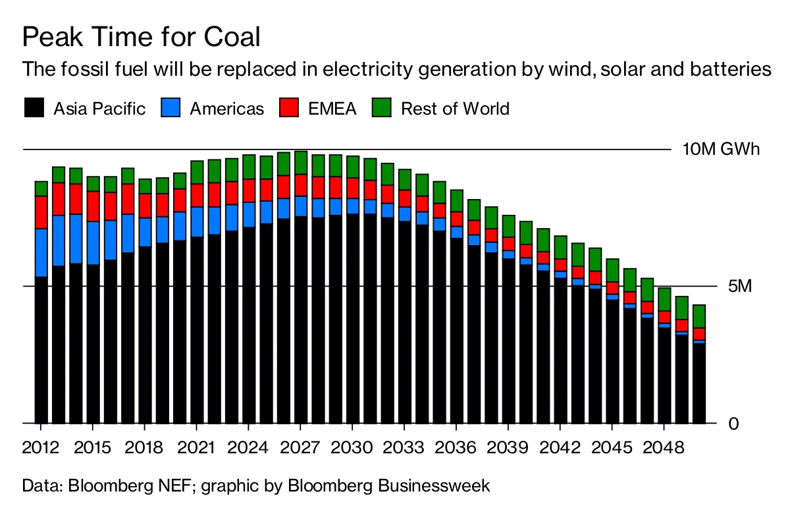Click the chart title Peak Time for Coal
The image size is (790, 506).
click(141, 37)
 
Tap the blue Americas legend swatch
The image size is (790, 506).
click(171, 108)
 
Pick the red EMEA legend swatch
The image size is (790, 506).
click(288, 108)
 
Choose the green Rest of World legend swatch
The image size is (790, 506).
click(382, 108)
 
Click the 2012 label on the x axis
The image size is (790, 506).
click(41, 448)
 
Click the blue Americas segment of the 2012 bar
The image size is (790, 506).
click(41, 252)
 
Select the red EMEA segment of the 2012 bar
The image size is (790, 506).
click(41, 212)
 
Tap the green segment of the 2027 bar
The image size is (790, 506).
click(301, 163)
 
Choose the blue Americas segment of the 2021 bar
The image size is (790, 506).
click(197, 221)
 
